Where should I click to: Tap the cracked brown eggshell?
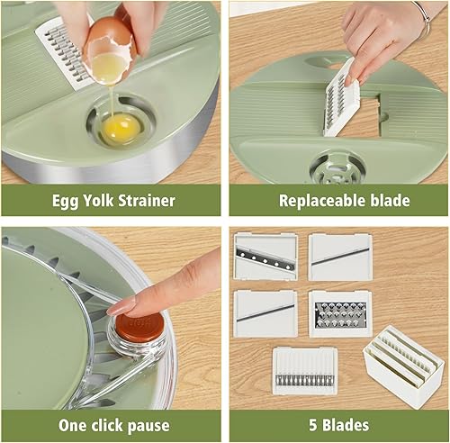point(109,41)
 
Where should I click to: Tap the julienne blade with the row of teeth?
point(305,370)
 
